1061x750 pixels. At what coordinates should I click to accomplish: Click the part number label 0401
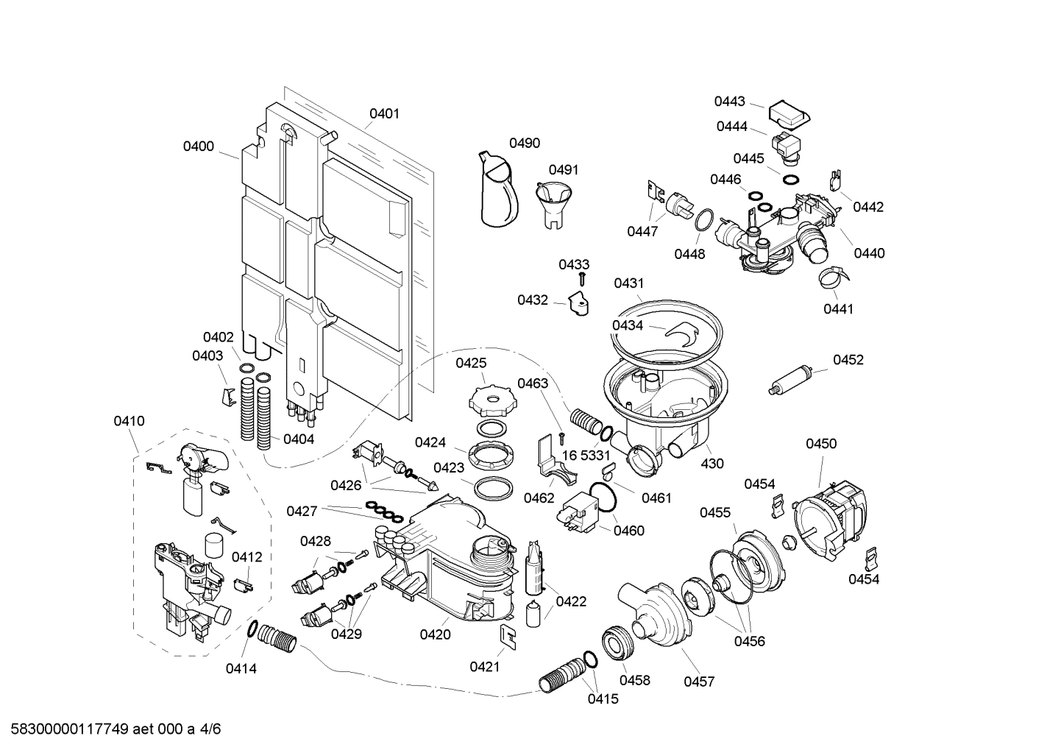384,113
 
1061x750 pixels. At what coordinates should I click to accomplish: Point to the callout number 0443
730,102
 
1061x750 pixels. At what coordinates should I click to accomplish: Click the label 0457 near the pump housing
699,682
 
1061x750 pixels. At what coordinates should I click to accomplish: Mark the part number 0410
129,421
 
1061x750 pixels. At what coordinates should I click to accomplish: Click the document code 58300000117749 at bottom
65,729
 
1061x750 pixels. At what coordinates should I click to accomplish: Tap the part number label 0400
199,146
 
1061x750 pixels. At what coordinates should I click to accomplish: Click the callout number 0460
628,531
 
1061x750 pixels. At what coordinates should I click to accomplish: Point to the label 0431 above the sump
628,283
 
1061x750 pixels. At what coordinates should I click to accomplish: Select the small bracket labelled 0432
579,305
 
